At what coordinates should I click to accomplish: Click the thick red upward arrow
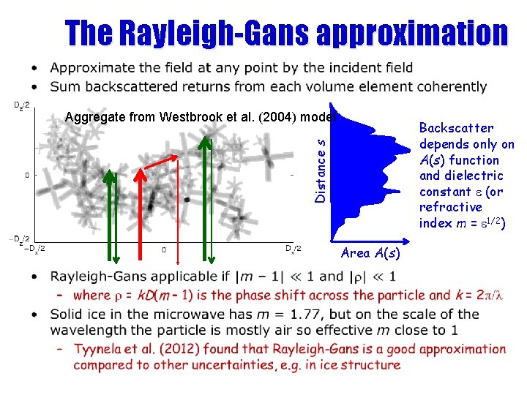(141, 212)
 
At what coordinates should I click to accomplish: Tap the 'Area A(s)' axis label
(370, 254)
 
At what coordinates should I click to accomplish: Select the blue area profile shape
(359, 176)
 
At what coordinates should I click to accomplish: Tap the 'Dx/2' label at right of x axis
(292, 249)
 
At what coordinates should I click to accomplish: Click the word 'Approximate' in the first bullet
(92, 68)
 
